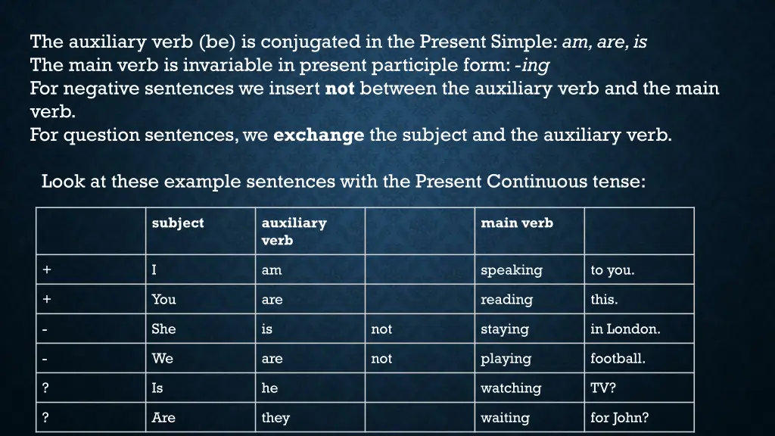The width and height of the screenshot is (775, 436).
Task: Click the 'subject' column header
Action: click(x=178, y=223)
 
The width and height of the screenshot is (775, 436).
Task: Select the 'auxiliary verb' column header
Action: click(x=294, y=232)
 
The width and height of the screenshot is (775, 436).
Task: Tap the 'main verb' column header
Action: click(x=517, y=223)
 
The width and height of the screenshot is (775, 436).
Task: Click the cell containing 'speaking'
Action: click(x=512, y=270)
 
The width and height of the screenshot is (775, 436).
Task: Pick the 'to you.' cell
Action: click(x=612, y=270)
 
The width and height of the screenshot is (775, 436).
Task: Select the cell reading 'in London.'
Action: click(x=625, y=329)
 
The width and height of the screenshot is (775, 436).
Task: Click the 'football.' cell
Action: click(x=618, y=359)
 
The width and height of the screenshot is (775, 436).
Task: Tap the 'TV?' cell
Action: click(x=603, y=388)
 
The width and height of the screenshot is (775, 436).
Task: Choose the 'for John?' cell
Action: click(x=620, y=418)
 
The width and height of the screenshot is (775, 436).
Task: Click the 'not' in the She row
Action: click(x=381, y=329)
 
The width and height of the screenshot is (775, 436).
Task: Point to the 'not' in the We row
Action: click(x=381, y=359)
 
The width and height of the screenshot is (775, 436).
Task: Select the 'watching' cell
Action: click(x=511, y=388)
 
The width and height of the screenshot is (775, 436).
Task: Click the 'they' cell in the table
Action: click(x=275, y=418)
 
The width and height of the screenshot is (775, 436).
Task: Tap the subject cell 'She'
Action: click(x=163, y=329)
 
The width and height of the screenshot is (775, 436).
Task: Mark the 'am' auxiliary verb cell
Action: click(x=271, y=270)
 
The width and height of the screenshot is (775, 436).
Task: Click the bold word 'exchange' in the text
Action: click(x=319, y=135)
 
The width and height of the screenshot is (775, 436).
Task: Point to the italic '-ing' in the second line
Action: click(x=534, y=65)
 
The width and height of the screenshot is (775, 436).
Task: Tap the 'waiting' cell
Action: click(x=506, y=418)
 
